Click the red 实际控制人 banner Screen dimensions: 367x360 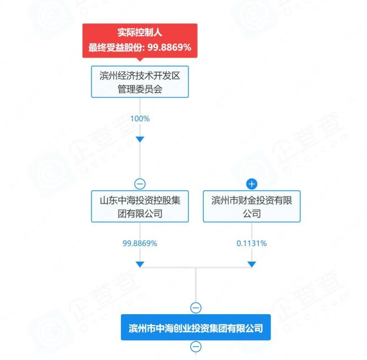139,40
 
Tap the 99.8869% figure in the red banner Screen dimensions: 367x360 169,48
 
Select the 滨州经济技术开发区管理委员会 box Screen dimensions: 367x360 139,82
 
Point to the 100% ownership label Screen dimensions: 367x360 140,119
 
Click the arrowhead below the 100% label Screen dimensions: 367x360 140,139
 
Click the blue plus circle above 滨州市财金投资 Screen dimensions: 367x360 252,184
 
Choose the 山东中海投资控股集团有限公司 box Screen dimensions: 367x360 139,206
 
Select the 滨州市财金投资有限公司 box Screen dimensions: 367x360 252,206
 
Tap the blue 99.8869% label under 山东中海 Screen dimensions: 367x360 140,244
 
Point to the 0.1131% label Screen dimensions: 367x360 252,244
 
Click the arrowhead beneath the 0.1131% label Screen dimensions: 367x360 252,264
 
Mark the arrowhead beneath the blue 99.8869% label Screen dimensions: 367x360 140,264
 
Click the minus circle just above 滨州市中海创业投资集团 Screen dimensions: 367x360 196,307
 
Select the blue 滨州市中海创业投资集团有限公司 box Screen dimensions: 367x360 196,327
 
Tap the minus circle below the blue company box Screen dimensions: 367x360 196,346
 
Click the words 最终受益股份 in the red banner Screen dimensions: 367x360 115,48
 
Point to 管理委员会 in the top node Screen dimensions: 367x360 140,89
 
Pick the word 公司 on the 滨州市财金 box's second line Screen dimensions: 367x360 252,214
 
